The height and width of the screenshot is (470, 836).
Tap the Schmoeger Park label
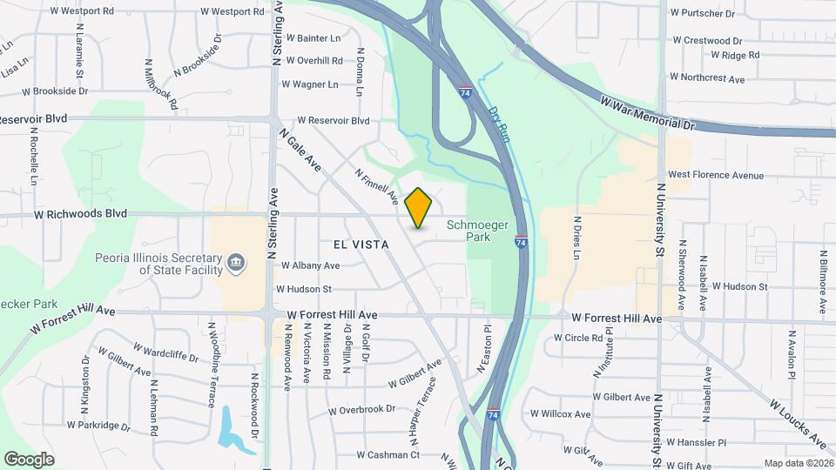click(x=477, y=231)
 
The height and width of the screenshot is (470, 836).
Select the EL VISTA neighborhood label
click(x=360, y=245)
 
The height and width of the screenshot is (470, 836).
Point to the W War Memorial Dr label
click(x=648, y=113)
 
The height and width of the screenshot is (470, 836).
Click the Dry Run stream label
click(x=498, y=124)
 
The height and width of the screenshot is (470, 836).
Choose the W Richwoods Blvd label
click(x=80, y=213)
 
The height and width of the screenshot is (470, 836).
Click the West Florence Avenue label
click(x=715, y=175)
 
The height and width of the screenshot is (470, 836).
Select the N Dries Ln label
click(x=576, y=238)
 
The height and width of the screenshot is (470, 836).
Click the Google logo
click(x=29, y=459)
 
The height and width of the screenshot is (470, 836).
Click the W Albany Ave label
click(x=309, y=265)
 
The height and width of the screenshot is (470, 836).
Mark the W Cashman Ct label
click(x=388, y=454)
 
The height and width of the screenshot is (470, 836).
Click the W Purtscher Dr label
click(x=704, y=12)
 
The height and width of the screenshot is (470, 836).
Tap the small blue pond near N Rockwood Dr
click(x=228, y=427)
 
